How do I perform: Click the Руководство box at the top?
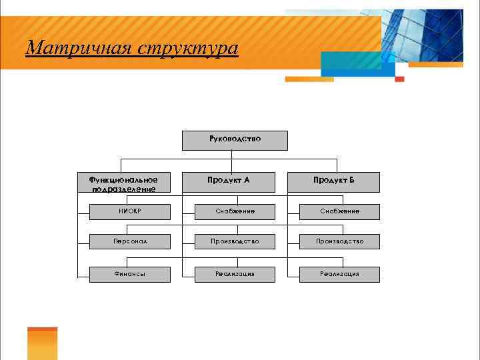pos(235,141)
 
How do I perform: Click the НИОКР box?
pos(129,211)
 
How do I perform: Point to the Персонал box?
pos(129,241)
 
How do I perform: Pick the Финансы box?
pos(129,274)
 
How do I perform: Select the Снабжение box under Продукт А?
pos(235,211)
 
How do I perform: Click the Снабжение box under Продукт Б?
pos(339,211)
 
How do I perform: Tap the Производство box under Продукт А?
pos(235,241)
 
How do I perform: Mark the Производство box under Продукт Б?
pos(339,241)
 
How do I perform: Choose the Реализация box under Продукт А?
pos(235,274)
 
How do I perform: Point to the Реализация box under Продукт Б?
pos(339,274)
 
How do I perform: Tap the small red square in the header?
pos(399,79)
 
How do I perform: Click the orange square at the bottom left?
pos(42,343)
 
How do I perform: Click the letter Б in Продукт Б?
pos(351,180)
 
